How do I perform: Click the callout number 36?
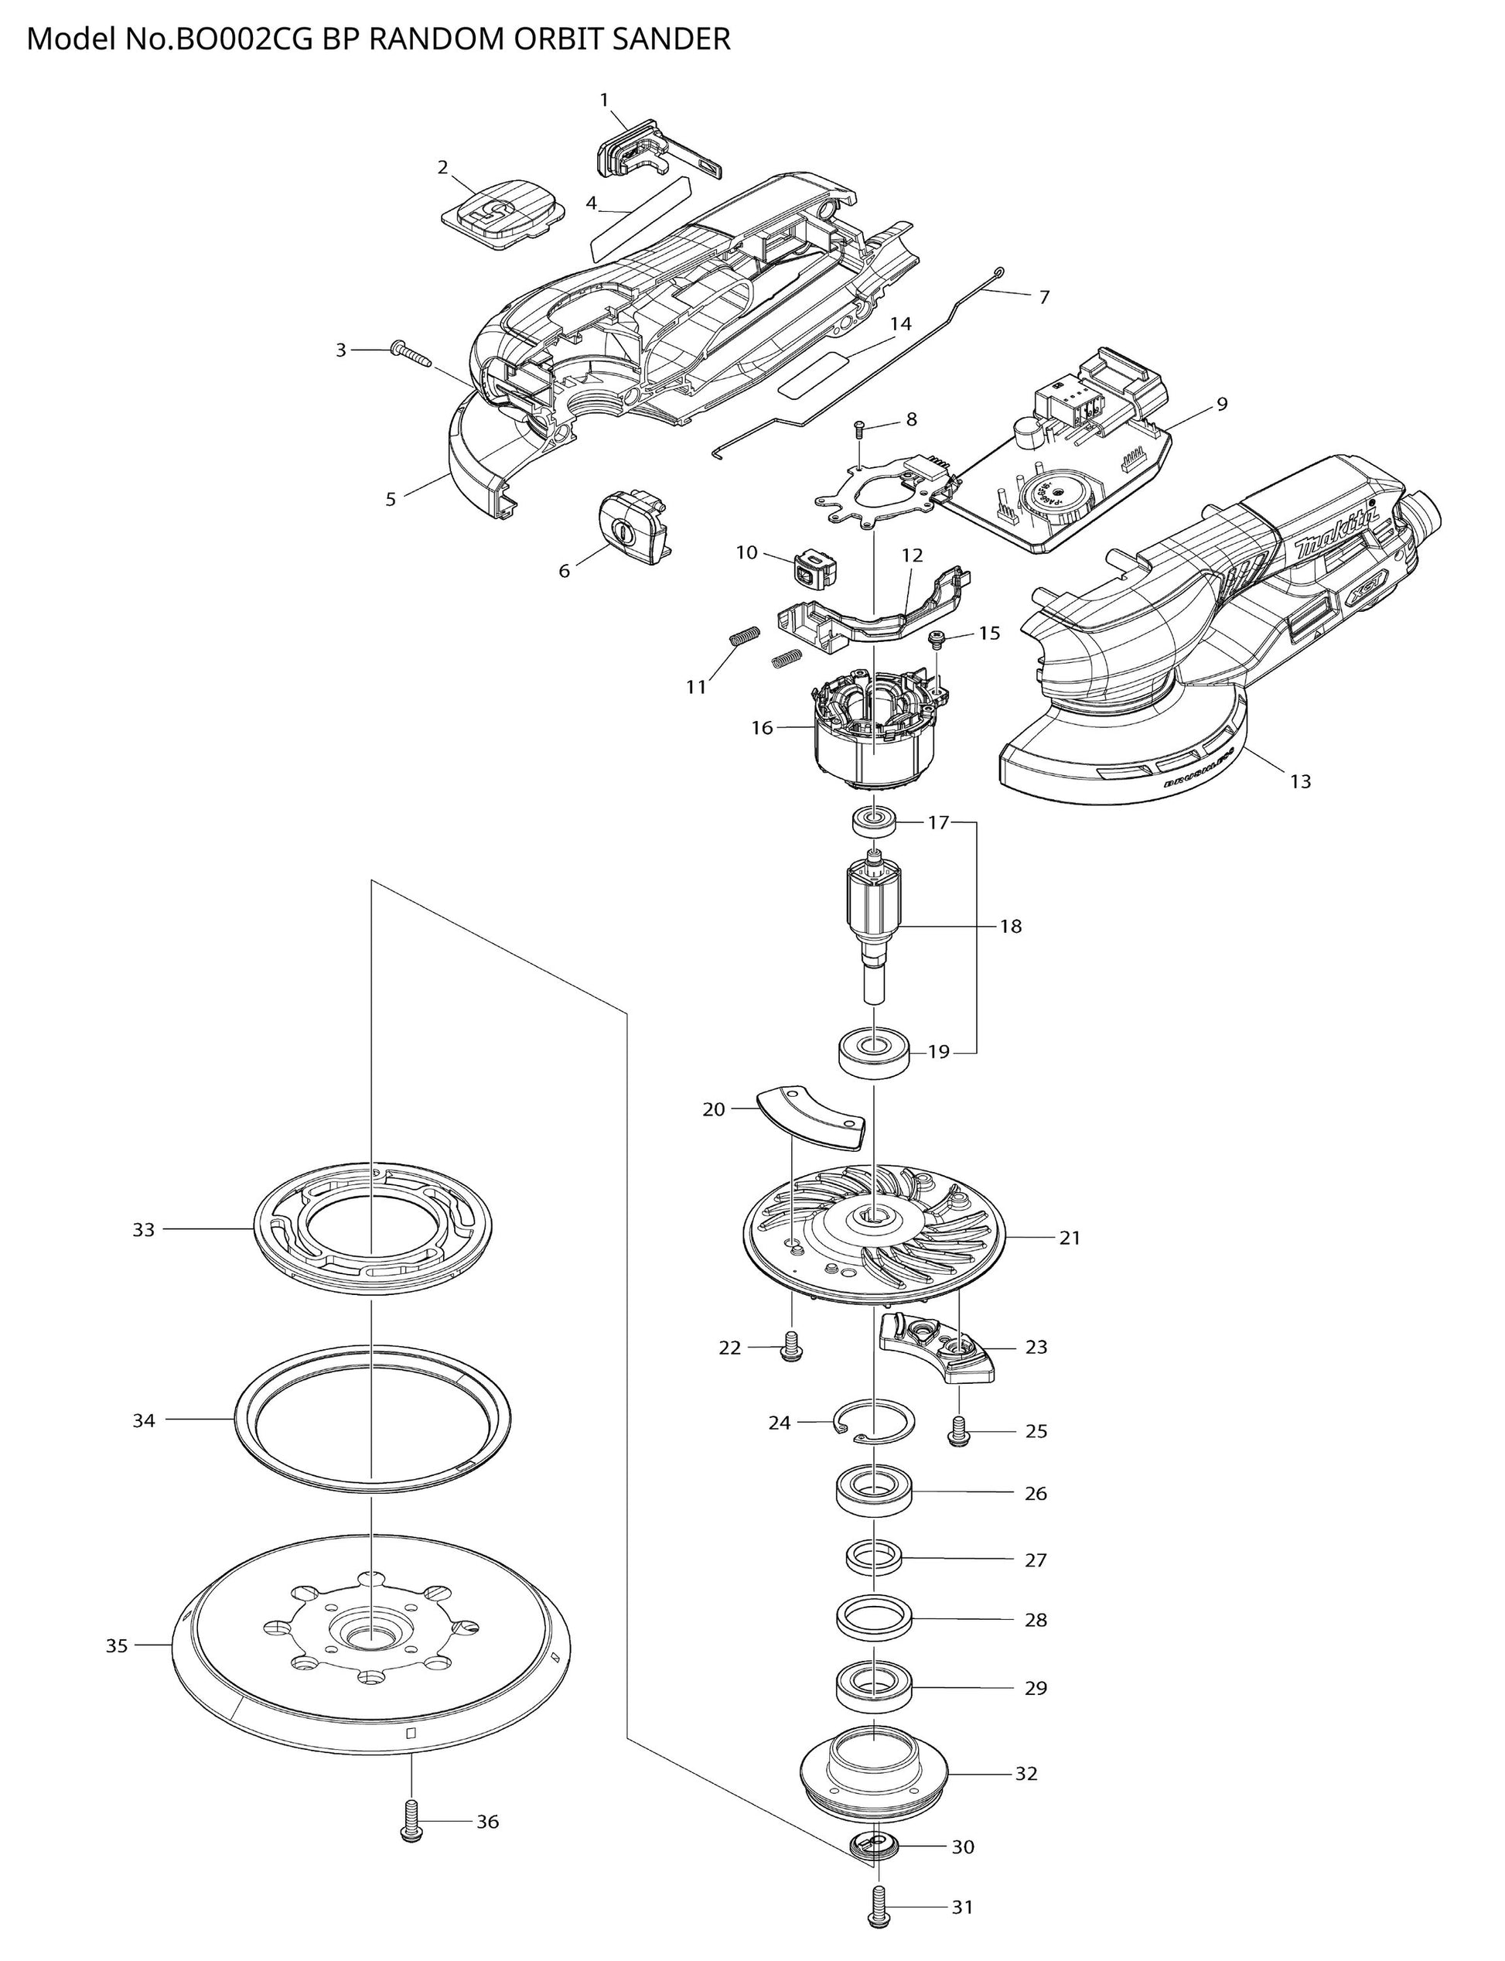click(x=486, y=1821)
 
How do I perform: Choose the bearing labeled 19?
click(x=873, y=1051)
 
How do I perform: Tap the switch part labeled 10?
click(x=814, y=566)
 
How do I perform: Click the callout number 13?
click(x=1300, y=781)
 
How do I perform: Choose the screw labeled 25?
click(x=958, y=1432)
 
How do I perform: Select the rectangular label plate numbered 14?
click(x=813, y=373)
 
